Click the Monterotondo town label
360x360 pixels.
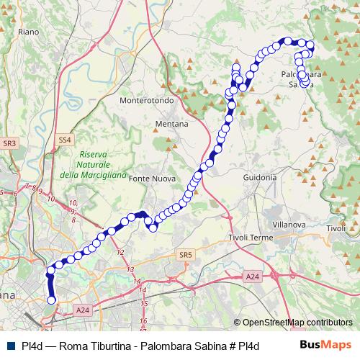(147, 101)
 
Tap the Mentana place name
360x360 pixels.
(171, 124)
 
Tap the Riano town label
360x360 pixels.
(29, 32)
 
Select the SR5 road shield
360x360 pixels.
(186, 254)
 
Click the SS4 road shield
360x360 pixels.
(65, 139)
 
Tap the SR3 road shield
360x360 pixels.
(9, 144)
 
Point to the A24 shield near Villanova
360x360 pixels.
(251, 276)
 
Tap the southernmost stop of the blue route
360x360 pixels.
(51, 300)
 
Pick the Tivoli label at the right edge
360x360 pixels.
(336, 228)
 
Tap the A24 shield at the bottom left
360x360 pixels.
(83, 310)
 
